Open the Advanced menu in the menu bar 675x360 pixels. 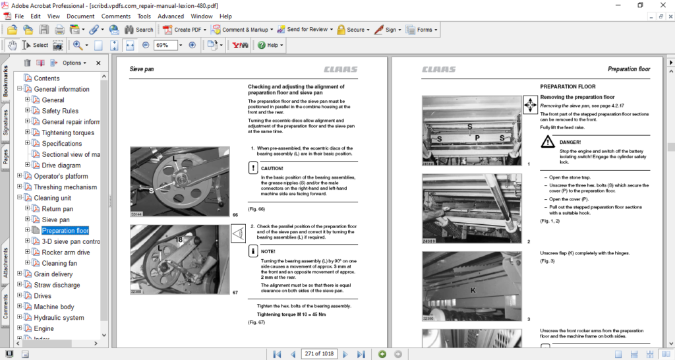click(x=171, y=16)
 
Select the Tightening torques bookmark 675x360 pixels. click(x=68, y=133)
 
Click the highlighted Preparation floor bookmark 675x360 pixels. click(x=65, y=231)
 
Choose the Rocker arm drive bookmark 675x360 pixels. click(x=66, y=253)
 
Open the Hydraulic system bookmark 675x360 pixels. click(x=59, y=318)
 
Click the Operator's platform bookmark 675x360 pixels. click(x=61, y=176)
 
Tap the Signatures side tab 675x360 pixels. click(x=6, y=123)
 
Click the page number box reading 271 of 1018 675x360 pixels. click(x=318, y=354)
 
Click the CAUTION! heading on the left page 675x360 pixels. click(x=272, y=168)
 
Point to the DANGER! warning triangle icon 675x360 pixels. click(x=548, y=142)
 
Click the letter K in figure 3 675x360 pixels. click(x=472, y=290)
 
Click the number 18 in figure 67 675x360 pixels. click(x=179, y=239)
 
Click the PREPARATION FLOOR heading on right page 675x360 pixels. click(x=568, y=86)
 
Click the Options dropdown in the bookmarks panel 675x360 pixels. click(x=74, y=63)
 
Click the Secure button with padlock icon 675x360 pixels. click(x=351, y=30)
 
